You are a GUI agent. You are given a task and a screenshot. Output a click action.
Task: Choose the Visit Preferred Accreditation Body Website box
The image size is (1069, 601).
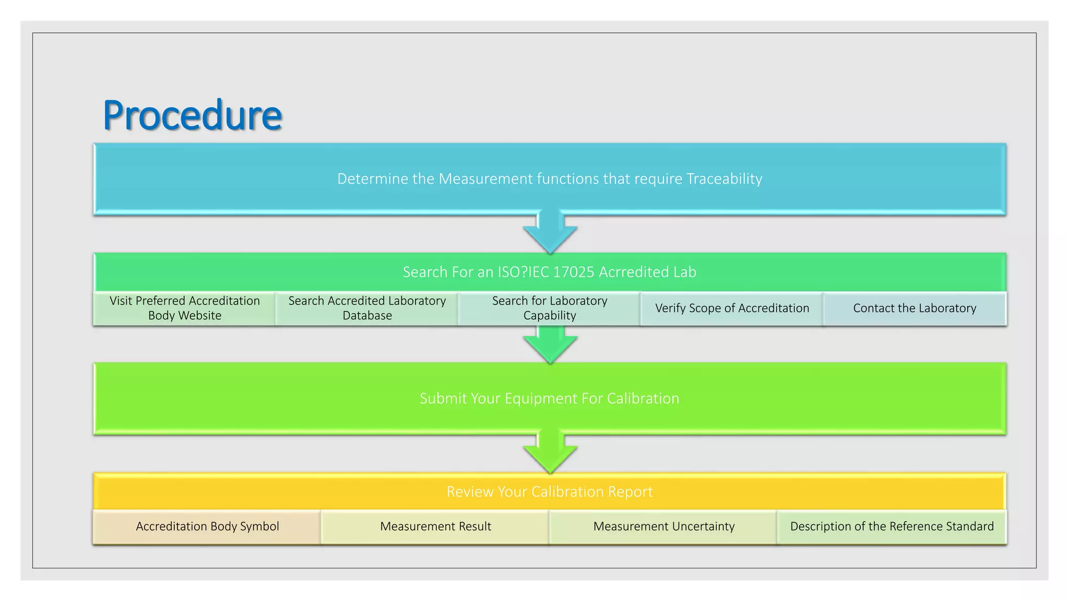(185, 308)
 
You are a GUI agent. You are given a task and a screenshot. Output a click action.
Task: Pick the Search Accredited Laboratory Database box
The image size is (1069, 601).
(367, 308)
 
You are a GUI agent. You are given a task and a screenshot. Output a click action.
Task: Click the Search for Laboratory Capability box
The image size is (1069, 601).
(550, 308)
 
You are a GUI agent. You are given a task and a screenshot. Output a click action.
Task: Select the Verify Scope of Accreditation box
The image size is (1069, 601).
(732, 308)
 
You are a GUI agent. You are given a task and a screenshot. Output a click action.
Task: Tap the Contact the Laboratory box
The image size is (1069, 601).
(914, 308)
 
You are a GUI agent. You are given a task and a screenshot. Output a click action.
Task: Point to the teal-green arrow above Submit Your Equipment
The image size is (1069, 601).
(550, 344)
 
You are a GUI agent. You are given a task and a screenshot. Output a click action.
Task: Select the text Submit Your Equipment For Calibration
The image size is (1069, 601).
(550, 399)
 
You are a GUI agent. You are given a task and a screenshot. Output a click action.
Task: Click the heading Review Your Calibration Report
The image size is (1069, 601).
(550, 491)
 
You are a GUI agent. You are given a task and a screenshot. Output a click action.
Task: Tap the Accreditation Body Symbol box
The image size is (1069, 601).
(207, 526)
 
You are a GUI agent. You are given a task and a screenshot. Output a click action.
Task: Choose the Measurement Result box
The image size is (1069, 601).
(435, 526)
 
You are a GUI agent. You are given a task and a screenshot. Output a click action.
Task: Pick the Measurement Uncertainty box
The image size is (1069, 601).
(663, 526)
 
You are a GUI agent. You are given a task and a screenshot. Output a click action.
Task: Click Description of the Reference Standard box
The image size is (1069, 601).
(892, 526)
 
